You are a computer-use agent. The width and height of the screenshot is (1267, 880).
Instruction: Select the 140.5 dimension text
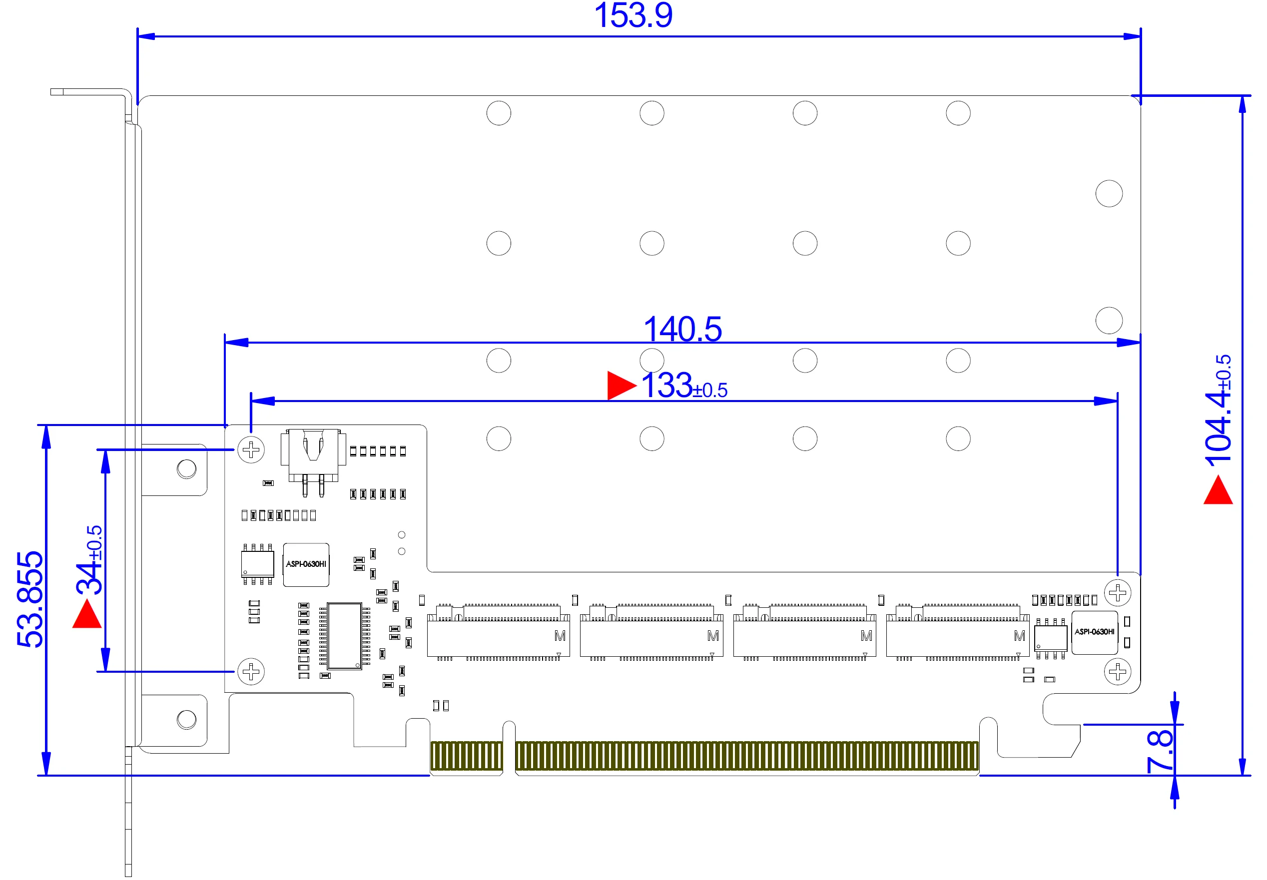click(682, 329)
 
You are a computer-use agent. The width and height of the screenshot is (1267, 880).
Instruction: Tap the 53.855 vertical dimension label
click(30, 599)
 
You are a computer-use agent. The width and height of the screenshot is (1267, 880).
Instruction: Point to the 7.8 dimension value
click(1160, 751)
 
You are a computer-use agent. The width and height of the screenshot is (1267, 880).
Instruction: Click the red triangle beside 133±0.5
click(621, 385)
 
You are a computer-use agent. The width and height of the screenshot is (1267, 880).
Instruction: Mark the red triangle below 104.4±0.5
click(1218, 489)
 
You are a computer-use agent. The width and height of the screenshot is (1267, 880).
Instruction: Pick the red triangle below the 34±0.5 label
click(87, 614)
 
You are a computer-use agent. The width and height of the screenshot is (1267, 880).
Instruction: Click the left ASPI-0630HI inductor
click(306, 565)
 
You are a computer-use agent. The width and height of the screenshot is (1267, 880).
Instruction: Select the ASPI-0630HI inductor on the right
click(1094, 632)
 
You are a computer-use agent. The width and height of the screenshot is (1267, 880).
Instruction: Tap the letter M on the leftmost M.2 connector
click(560, 636)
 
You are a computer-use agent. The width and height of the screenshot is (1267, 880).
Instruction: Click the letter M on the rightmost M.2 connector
click(1019, 636)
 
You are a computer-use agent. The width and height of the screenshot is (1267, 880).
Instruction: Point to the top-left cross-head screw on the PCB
click(251, 450)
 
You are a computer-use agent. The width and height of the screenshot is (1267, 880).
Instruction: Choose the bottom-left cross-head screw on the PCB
click(251, 672)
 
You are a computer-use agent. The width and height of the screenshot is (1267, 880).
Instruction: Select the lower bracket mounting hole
click(186, 720)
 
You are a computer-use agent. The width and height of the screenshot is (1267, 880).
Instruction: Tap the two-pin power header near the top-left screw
click(313, 462)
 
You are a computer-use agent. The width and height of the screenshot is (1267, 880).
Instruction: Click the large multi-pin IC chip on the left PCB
click(345, 636)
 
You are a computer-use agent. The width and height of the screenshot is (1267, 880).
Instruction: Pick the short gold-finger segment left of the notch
click(467, 756)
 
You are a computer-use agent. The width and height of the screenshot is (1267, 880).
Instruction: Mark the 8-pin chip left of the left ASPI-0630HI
click(258, 564)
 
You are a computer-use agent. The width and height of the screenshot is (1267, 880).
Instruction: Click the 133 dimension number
click(666, 385)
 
